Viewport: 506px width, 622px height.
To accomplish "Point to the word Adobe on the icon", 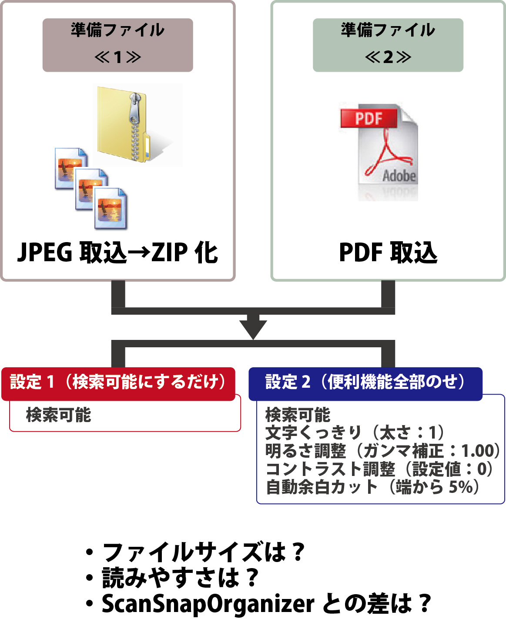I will (399, 176).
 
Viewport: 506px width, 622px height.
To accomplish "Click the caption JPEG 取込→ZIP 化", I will (117, 253).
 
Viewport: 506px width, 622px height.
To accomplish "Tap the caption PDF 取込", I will (388, 253).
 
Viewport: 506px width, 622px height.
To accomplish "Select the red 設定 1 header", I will (118, 383).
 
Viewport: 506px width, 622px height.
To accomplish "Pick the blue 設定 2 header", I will (365, 383).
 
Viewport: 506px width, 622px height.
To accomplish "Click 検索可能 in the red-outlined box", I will (59, 415).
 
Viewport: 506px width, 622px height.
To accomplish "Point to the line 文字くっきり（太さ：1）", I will (355, 433).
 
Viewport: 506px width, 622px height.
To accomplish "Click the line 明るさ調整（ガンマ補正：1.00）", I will (382, 451).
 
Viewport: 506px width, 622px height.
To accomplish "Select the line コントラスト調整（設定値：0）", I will (379, 469).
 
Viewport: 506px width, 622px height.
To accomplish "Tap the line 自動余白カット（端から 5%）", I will (372, 487).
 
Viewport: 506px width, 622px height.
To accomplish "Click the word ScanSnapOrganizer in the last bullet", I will (208, 604).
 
